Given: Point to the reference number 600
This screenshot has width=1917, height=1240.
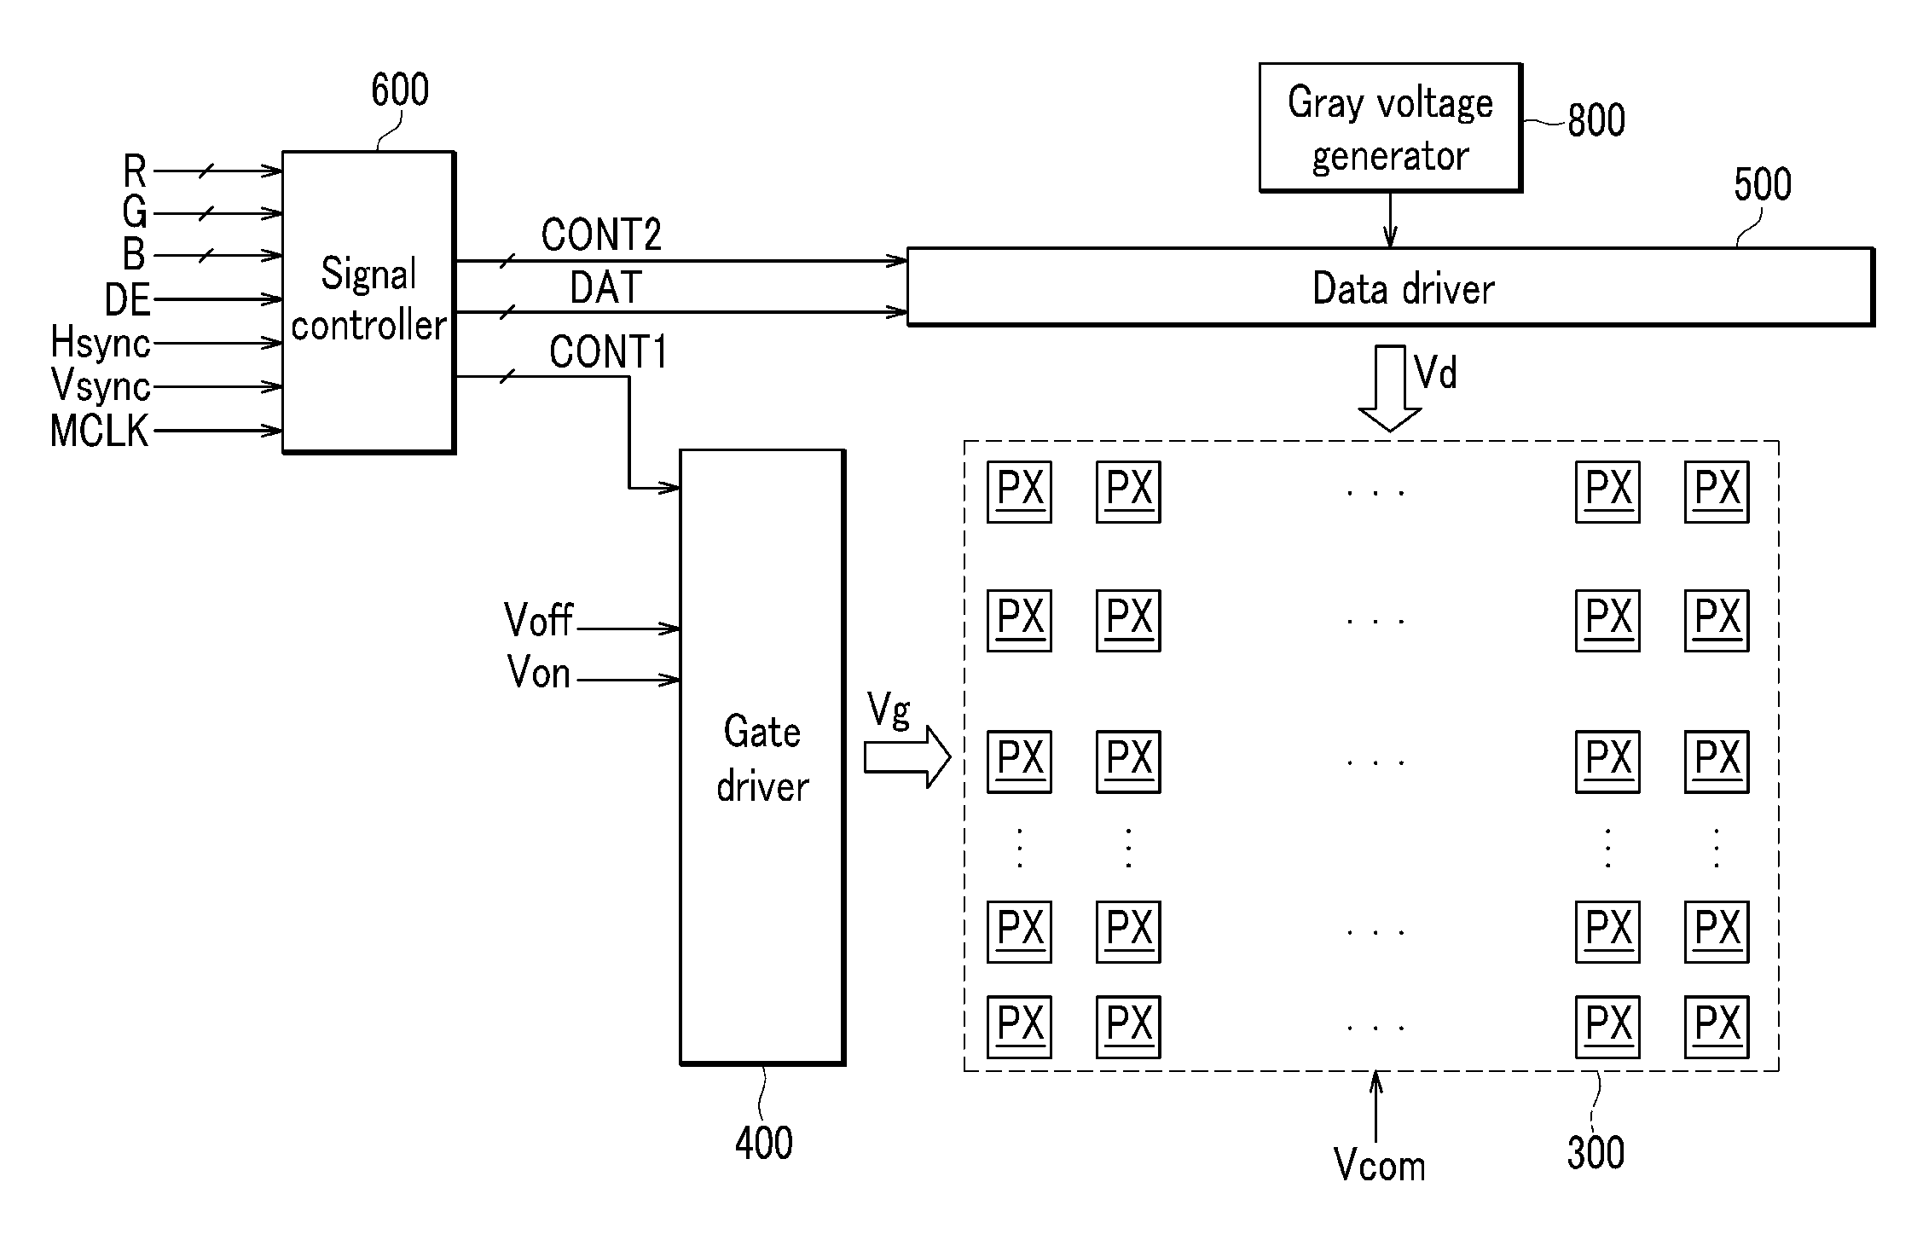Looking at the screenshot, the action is pyautogui.click(x=400, y=90).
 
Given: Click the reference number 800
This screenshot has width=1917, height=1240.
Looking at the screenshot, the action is pyautogui.click(x=1596, y=120).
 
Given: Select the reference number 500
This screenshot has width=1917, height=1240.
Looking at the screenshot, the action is pyautogui.click(x=1763, y=185).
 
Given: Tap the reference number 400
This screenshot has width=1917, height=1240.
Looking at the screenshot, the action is pyautogui.click(x=764, y=1143).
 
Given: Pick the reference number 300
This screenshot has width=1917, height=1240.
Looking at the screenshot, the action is pyautogui.click(x=1596, y=1153).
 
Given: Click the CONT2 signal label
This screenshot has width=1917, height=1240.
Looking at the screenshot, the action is pyautogui.click(x=601, y=235).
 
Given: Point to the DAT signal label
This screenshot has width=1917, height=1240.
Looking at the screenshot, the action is pyautogui.click(x=605, y=287).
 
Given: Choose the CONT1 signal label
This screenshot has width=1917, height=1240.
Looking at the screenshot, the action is pyautogui.click(x=608, y=351).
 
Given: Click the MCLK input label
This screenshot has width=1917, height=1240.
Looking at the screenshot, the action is pyautogui.click(x=100, y=432).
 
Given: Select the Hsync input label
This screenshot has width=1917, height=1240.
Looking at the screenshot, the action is pyautogui.click(x=101, y=343).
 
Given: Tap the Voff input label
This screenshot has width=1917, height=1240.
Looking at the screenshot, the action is pyautogui.click(x=539, y=620).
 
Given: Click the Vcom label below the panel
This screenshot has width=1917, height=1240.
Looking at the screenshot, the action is pyautogui.click(x=1379, y=1165).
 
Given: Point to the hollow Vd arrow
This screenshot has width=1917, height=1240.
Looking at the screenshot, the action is pyautogui.click(x=1390, y=388).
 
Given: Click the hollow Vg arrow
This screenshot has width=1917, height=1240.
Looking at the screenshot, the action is pyautogui.click(x=907, y=757).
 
